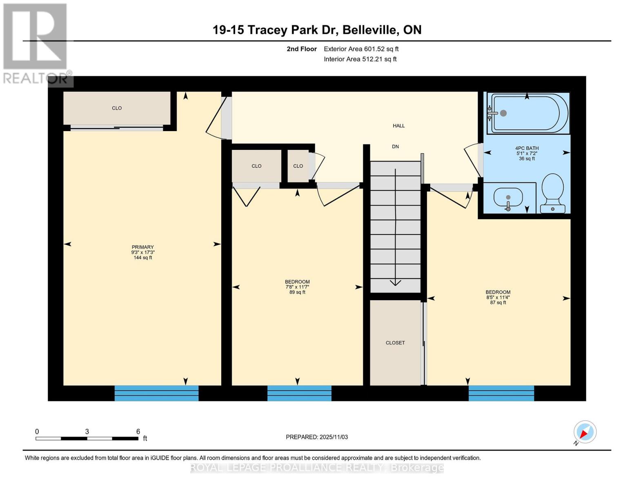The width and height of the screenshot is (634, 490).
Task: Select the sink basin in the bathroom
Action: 508,198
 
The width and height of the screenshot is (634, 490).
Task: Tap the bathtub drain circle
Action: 503,113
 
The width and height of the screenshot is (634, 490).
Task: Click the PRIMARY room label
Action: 142,247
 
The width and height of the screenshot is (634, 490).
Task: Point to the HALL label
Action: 398,126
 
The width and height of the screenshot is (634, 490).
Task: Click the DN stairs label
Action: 395,147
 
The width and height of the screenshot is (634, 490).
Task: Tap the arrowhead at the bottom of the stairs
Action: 395,283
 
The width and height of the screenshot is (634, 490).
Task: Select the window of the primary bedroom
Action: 156,393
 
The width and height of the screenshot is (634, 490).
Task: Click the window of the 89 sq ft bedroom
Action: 299,393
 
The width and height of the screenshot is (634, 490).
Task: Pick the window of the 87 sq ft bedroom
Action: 501,393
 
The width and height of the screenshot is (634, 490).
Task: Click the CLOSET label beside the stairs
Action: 395,343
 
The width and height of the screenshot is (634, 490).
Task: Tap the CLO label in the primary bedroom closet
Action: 117,108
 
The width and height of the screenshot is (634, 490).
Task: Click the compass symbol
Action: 585,432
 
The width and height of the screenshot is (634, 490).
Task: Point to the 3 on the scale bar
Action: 87,431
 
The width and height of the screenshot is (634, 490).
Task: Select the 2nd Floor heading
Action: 302,49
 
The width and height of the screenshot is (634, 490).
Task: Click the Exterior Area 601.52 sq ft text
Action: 361,49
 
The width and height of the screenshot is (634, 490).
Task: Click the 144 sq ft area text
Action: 142,258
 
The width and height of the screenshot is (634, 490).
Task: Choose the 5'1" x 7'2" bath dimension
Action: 527,153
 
